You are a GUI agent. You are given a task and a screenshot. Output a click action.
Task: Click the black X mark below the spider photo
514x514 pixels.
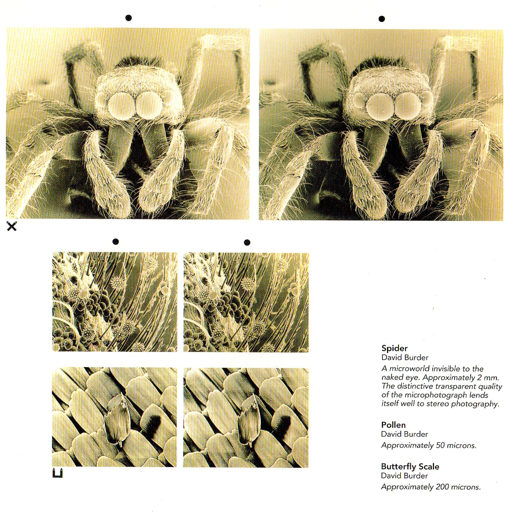coord(12,226)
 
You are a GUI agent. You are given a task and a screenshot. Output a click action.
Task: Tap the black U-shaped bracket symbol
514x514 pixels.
coord(57,473)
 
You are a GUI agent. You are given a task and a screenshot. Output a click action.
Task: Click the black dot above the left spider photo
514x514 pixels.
coord(129,18)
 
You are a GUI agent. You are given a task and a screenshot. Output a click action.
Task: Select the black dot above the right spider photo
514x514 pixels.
coord(382,19)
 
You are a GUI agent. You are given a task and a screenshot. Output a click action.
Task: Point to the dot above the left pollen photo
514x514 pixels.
coord(116,242)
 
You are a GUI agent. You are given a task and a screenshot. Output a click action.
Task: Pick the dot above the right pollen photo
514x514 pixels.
coord(247,243)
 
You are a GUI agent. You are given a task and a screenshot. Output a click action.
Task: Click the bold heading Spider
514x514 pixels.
coord(394,348)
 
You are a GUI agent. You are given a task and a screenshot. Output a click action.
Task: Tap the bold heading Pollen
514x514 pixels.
coord(393,425)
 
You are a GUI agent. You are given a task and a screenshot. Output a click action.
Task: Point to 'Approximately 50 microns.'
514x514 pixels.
coord(429,445)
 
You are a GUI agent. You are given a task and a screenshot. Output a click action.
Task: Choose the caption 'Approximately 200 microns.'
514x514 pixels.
coord(431,487)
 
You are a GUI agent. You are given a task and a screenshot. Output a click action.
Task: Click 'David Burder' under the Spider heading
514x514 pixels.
coord(405,357)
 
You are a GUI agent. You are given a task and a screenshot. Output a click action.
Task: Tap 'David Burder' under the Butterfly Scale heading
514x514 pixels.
coord(404,476)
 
